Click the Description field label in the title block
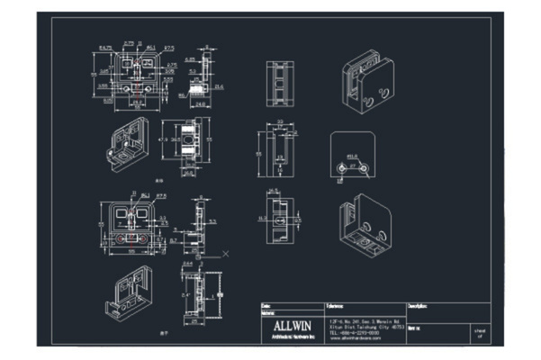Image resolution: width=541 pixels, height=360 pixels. tap(422, 306)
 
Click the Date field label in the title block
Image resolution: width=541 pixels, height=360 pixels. tap(266, 306)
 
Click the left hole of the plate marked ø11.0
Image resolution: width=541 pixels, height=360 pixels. tap(343, 168)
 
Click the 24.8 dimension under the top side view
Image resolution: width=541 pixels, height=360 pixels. tap(200, 103)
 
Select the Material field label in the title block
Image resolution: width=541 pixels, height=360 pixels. tap(267, 313)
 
